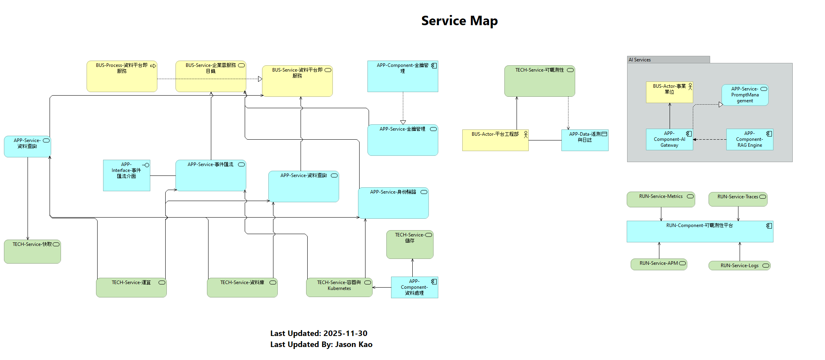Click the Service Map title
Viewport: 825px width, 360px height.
coord(459,20)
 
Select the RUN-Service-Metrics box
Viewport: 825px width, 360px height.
coord(661,199)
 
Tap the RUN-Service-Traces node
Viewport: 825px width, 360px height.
coord(738,199)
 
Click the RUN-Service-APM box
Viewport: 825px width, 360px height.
coord(659,264)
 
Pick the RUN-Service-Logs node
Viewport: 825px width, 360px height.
coord(739,266)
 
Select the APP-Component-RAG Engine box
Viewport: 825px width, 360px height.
coord(749,139)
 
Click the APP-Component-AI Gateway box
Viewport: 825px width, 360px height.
coord(669,139)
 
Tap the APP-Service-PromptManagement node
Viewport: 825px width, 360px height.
coord(745,95)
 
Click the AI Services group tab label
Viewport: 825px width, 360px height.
coord(640,60)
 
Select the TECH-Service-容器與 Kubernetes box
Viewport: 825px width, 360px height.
coord(339,287)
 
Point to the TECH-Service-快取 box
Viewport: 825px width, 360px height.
coord(32,251)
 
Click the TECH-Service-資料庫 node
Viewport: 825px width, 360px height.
coord(242,288)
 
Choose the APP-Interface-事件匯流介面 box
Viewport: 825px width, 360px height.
coord(126,175)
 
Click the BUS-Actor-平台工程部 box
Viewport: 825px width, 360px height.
coord(495,140)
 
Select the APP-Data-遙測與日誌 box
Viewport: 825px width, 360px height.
coord(585,140)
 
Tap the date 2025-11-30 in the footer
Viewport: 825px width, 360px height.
coord(345,333)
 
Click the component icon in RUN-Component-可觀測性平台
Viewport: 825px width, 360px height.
coord(769,226)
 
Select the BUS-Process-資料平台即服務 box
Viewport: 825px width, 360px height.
coord(122,76)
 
